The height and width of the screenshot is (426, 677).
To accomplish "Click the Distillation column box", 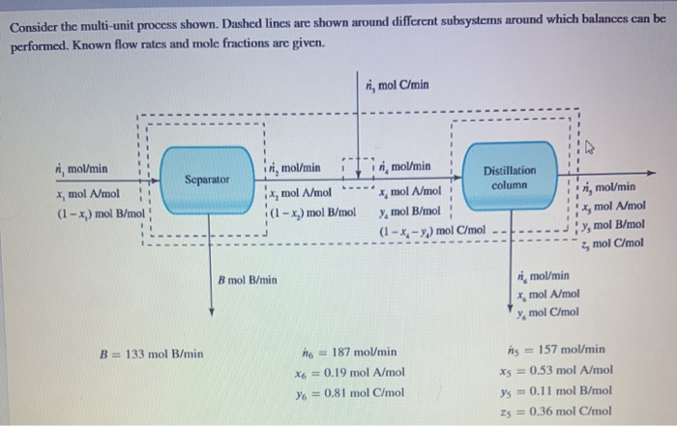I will [x=509, y=178].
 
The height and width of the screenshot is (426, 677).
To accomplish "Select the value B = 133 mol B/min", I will [x=152, y=354].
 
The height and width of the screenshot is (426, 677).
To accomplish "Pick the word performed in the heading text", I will [x=40, y=45].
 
